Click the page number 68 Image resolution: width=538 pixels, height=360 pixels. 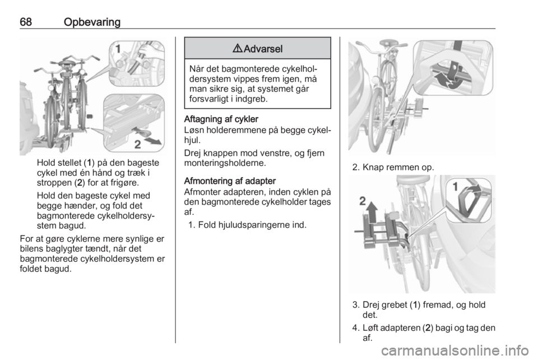coord(26,22)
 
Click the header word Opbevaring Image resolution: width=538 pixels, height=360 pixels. coord(92,22)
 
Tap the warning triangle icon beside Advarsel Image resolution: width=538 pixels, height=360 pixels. coord(236,49)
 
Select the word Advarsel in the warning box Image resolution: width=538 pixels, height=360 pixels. coord(263,49)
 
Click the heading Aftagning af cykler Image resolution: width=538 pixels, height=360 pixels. coord(221,119)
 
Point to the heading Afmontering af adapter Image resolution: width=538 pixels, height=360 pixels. coord(230,181)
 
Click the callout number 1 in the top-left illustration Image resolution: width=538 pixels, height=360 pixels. coord(118,49)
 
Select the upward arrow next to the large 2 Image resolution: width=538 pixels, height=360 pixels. coord(372,212)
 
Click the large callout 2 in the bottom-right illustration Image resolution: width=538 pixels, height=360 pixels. coord(363,201)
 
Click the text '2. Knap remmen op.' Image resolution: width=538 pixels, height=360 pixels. coord(393,167)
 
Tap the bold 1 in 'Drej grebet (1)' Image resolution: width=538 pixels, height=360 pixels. coord(415,304)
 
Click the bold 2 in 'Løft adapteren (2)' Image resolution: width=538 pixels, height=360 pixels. coord(428,328)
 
